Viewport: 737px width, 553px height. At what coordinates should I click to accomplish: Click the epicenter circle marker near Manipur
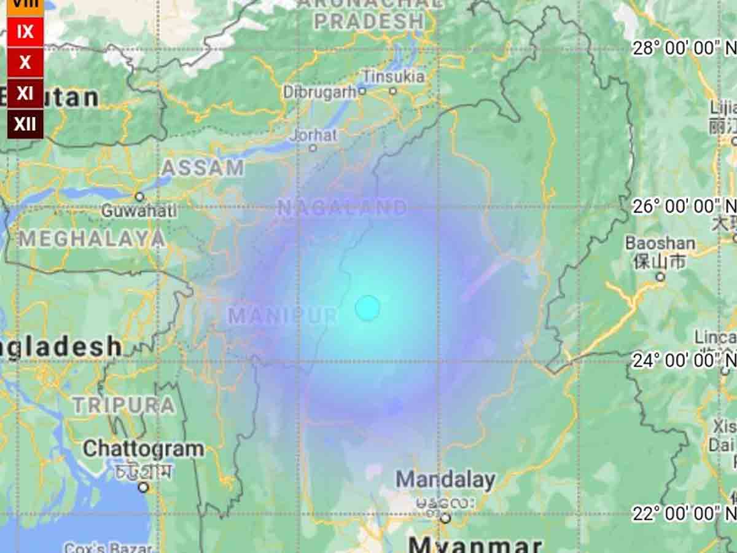click(x=367, y=308)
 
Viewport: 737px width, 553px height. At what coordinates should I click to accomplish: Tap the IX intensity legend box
click(x=25, y=31)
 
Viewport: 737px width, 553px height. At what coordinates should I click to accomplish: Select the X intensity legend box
click(x=25, y=62)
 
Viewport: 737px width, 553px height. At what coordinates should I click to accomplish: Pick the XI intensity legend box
click(x=25, y=93)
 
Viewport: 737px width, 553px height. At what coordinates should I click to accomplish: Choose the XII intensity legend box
click(x=25, y=124)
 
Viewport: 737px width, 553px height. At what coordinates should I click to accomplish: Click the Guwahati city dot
click(x=139, y=197)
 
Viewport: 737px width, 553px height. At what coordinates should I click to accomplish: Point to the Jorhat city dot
click(x=313, y=148)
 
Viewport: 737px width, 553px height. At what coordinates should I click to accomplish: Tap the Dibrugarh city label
click(x=319, y=92)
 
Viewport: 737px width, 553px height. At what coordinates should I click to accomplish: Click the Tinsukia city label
click(x=393, y=77)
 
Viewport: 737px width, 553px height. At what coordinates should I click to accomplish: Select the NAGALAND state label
click(x=342, y=208)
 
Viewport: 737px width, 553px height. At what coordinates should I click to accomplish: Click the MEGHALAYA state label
click(x=92, y=239)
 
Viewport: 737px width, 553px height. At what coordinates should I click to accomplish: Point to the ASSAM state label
click(x=203, y=168)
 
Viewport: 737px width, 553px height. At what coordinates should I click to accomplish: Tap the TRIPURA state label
click(x=124, y=405)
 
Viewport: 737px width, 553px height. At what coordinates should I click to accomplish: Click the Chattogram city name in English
click(x=143, y=449)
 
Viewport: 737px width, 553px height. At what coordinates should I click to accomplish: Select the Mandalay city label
click(x=445, y=480)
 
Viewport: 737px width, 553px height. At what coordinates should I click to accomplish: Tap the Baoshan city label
click(x=660, y=243)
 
